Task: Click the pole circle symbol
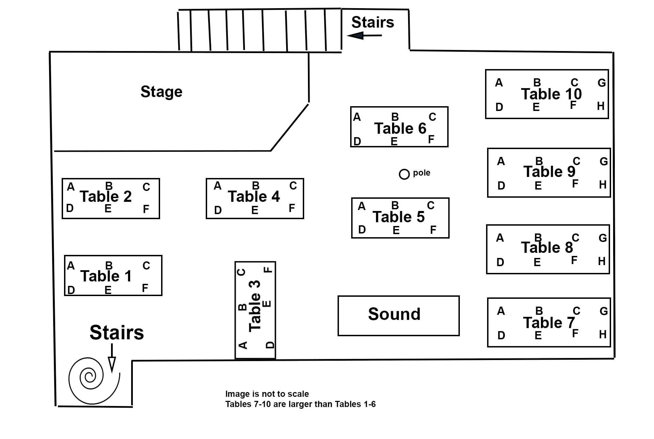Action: pos(404,174)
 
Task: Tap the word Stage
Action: pos(161,92)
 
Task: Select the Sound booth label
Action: pos(394,314)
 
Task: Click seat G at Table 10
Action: pos(602,83)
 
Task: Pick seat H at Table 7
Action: pos(603,335)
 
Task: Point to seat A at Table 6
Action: pos(357,117)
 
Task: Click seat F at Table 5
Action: pos(433,230)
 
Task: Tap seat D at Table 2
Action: pos(70,208)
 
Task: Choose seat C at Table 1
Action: pos(146,265)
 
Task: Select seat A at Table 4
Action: pos(217,186)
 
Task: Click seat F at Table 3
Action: pos(268,270)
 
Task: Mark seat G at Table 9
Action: pos(604,161)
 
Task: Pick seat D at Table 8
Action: pos(500,262)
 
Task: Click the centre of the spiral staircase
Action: pos(90,376)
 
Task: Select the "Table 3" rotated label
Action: pos(255,306)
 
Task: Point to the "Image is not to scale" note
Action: pos(267,394)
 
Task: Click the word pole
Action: pos(421,173)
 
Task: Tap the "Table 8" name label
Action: pos(547,247)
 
